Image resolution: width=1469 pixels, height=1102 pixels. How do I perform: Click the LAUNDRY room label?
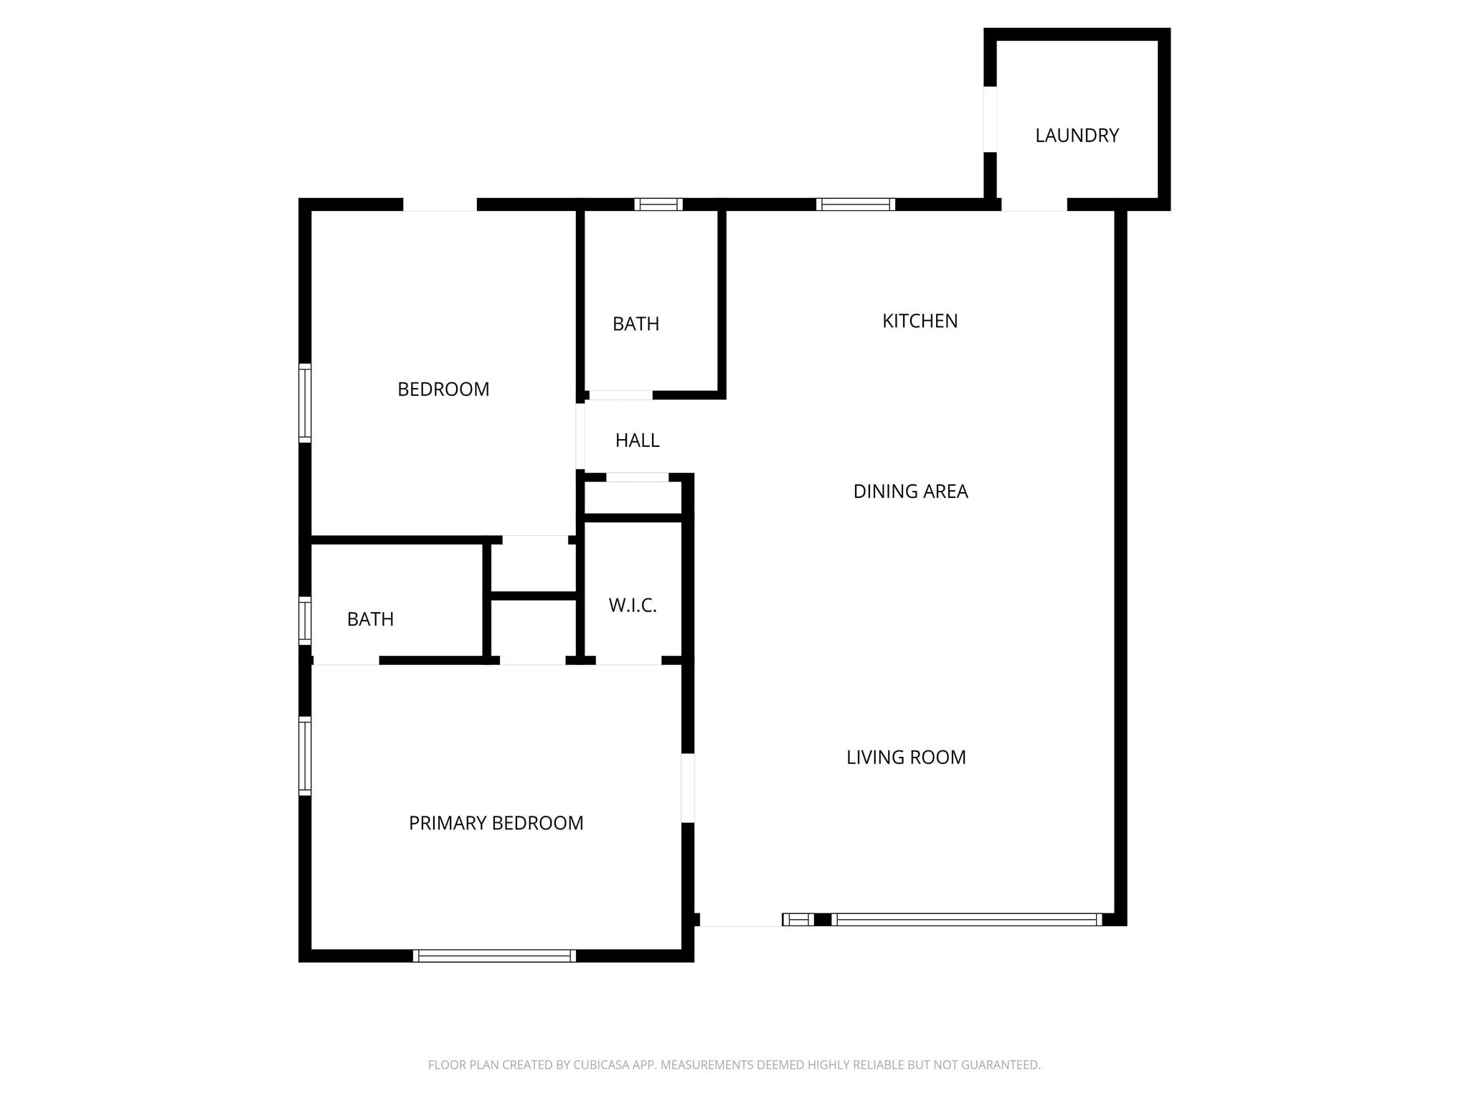pyautogui.click(x=1077, y=136)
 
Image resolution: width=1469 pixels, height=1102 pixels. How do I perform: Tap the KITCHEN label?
pyautogui.click(x=920, y=321)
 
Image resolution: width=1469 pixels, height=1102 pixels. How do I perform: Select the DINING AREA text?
pyautogui.click(x=910, y=491)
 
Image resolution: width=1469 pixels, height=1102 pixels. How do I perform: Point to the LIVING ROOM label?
pyautogui.click(x=906, y=758)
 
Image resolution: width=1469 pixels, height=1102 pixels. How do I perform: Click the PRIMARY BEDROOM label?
pyautogui.click(x=496, y=823)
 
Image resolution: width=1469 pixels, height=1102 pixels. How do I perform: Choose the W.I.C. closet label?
pyautogui.click(x=633, y=606)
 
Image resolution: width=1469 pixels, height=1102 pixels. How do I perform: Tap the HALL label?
pyautogui.click(x=637, y=441)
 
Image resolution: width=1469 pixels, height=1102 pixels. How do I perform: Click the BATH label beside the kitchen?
pyautogui.click(x=636, y=324)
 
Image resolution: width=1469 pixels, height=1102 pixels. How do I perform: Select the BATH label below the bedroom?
pyautogui.click(x=370, y=619)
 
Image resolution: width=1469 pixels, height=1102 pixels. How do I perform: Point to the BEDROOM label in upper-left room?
pyautogui.click(x=443, y=390)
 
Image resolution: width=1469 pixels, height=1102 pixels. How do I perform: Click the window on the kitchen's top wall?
pyautogui.click(x=856, y=204)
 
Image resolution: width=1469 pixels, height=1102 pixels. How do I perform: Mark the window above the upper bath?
pyautogui.click(x=658, y=204)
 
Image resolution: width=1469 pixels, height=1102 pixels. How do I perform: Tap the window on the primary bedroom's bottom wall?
pyautogui.click(x=494, y=956)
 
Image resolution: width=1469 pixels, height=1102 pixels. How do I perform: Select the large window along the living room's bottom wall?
pyautogui.click(x=966, y=920)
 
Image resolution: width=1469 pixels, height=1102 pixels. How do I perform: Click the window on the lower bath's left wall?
pyautogui.click(x=305, y=620)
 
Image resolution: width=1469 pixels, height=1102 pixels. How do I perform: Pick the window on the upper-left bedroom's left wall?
pyautogui.click(x=305, y=402)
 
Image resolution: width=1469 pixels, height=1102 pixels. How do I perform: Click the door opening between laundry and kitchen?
pyautogui.click(x=1034, y=204)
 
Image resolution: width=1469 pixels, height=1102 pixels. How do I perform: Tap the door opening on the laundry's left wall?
pyautogui.click(x=990, y=119)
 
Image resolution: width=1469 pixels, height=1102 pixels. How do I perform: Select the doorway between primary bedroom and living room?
pyautogui.click(x=687, y=788)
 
